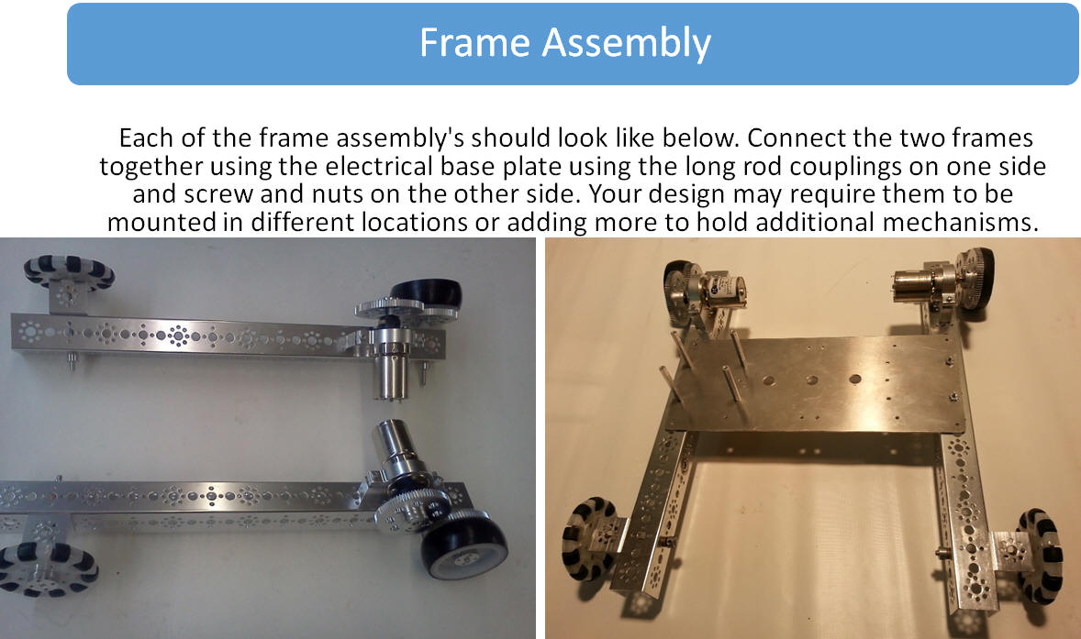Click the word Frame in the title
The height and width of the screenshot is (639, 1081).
(474, 43)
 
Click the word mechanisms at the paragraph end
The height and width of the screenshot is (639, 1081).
(961, 223)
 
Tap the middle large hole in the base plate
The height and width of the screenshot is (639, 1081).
(811, 380)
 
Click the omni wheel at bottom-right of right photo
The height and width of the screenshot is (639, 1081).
(1040, 555)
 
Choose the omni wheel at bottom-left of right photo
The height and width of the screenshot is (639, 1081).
(588, 537)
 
